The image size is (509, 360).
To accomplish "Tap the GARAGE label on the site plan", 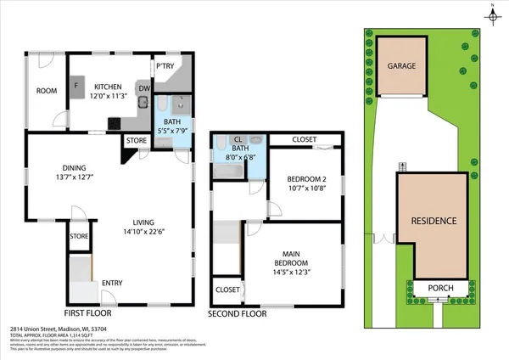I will pos(401,65).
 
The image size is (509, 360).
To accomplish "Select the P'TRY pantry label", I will pos(164,66).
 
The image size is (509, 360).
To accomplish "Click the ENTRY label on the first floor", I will pos(112,283).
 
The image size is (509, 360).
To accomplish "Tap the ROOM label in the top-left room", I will pos(46,90).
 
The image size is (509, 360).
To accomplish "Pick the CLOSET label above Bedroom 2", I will pos(305,140).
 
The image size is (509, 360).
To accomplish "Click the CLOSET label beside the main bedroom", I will pos(227,290).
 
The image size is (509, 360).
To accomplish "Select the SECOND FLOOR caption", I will pos(238,313).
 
